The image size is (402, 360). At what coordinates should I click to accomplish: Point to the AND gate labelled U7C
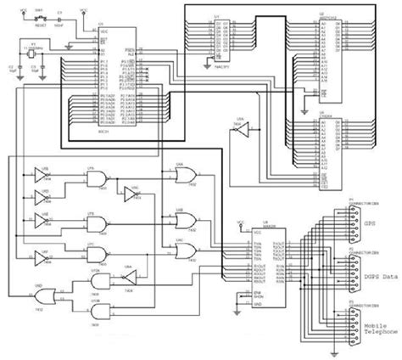[98, 256]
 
